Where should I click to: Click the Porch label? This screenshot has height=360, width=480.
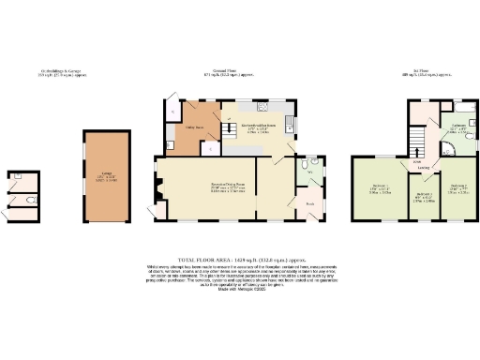[308, 202]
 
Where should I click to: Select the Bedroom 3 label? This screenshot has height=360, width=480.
[458, 187]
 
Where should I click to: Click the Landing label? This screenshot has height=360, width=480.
[425, 166]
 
